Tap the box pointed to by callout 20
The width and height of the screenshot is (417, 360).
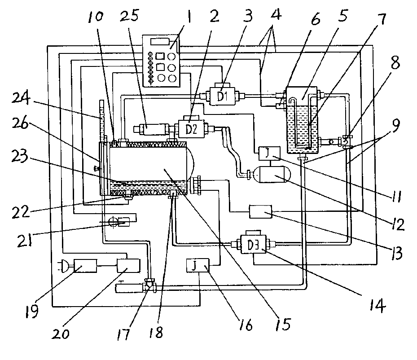tap(128, 266)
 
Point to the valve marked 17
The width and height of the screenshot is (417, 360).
tap(149, 285)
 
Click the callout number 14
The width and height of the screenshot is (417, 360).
tap(377, 306)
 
